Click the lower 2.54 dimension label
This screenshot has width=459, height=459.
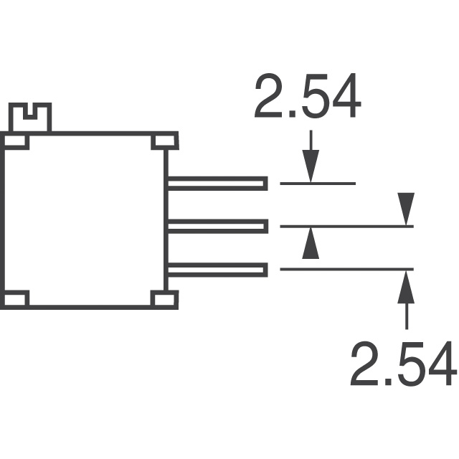point(402,364)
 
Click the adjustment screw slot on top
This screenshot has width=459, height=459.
point(30,113)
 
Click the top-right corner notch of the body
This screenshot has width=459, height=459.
point(163,141)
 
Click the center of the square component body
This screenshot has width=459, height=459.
point(86,219)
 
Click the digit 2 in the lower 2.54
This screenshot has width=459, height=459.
point(364,364)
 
